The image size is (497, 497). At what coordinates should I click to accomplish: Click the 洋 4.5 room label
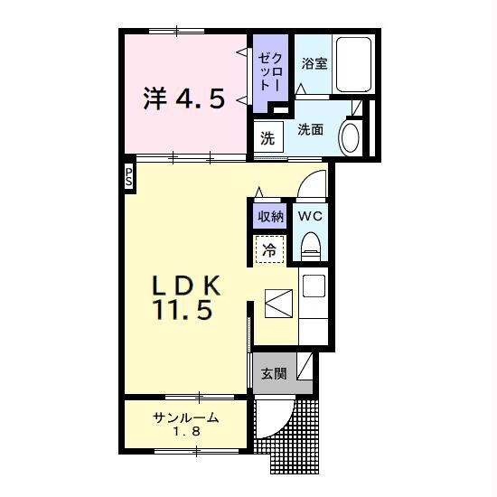[184, 98]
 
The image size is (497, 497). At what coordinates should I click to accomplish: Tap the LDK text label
[187, 286]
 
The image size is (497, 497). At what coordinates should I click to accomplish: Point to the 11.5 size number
[183, 309]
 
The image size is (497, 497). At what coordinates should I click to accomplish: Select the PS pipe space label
[128, 177]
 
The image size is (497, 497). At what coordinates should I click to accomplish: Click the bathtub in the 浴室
[353, 65]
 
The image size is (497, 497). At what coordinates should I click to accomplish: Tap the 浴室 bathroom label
[314, 63]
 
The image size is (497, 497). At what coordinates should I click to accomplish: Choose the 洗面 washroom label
[310, 129]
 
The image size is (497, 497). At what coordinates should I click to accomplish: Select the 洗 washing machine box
[268, 137]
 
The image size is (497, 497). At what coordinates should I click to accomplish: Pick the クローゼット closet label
[269, 72]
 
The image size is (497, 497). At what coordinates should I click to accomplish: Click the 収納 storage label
[270, 217]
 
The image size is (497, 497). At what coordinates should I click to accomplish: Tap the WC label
[310, 217]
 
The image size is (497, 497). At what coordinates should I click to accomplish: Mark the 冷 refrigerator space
[269, 249]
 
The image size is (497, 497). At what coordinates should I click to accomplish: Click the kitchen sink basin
[314, 286]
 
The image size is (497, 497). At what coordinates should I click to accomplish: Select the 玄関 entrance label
[274, 374]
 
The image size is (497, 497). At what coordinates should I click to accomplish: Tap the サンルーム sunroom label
[186, 417]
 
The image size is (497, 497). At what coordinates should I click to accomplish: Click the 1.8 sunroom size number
[186, 431]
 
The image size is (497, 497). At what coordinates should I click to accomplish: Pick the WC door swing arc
[305, 181]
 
